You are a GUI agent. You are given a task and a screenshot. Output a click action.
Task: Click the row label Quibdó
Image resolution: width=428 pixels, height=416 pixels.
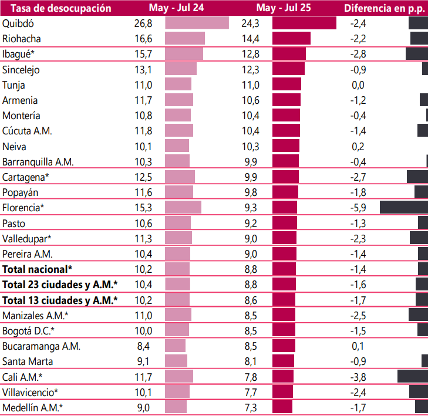pyautogui.click(x=19, y=23)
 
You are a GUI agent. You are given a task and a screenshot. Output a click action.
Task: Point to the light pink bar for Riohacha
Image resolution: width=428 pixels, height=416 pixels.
pyautogui.click(x=185, y=39)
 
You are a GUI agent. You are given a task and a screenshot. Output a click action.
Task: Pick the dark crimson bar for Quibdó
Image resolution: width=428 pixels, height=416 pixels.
pyautogui.click(x=304, y=23)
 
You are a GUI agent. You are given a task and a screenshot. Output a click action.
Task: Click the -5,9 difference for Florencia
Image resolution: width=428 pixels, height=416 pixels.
pyautogui.click(x=358, y=208)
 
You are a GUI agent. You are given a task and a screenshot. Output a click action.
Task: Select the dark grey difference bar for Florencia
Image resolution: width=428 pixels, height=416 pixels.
pyautogui.click(x=404, y=208)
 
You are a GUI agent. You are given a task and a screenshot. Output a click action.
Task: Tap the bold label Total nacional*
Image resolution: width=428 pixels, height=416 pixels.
pyautogui.click(x=37, y=269)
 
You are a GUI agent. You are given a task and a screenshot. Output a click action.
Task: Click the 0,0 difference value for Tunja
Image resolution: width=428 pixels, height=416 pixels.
pyautogui.click(x=358, y=85)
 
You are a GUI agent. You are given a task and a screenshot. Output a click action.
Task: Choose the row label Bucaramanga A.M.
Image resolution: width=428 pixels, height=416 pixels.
pyautogui.click(x=41, y=346)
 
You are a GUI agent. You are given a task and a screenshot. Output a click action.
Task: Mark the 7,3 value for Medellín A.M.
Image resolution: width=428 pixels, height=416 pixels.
pyautogui.click(x=250, y=408)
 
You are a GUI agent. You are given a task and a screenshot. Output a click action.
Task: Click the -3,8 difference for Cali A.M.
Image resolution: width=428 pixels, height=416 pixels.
pyautogui.click(x=358, y=377)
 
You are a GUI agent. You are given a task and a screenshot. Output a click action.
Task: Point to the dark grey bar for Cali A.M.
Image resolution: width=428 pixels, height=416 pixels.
pyautogui.click(x=413, y=377)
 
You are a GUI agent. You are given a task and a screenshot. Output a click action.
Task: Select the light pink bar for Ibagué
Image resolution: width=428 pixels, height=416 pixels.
pyautogui.click(x=184, y=54)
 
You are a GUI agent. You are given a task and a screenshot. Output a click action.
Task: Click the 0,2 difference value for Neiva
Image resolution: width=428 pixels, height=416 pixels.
pyautogui.click(x=358, y=147)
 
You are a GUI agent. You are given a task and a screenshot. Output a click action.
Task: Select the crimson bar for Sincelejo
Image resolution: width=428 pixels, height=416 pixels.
pyautogui.click(x=288, y=70)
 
